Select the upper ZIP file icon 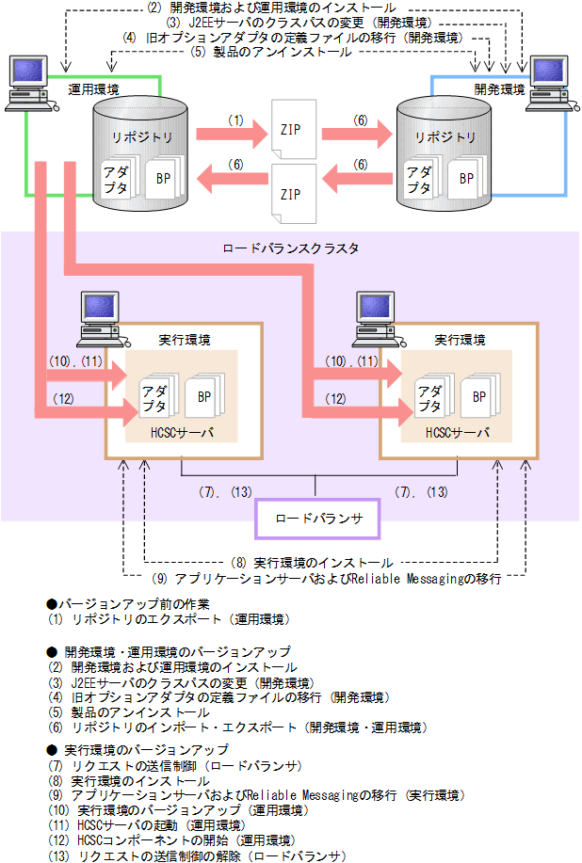click(x=290, y=128)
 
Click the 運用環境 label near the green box click(x=94, y=89)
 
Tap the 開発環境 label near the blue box click(x=500, y=89)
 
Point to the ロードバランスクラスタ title click(x=290, y=248)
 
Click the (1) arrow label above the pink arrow click(x=235, y=120)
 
